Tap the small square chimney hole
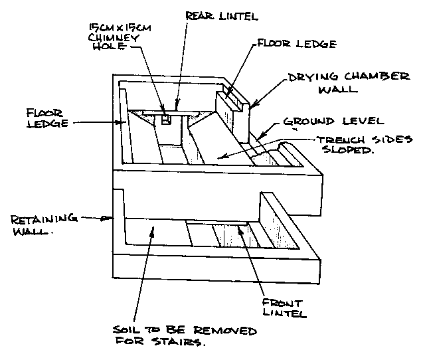(167, 120)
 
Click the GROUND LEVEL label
(333, 122)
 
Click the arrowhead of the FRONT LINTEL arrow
(241, 237)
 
